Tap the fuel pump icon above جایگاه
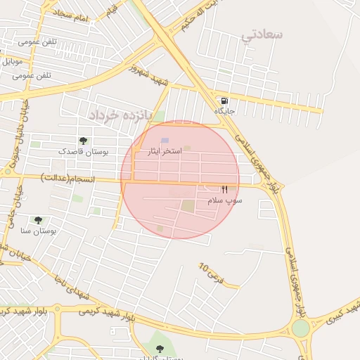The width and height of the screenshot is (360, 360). (x=224, y=101)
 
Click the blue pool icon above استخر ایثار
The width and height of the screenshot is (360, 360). (x=165, y=141)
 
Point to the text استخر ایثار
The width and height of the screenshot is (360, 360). (x=165, y=151)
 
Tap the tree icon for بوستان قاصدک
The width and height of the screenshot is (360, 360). (x=83, y=141)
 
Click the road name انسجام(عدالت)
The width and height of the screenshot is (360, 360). (x=67, y=176)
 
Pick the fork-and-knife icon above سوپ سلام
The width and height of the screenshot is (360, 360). (x=225, y=189)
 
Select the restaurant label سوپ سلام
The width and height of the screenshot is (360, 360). (x=225, y=200)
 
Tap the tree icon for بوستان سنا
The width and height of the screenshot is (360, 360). (x=38, y=220)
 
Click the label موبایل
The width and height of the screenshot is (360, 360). (x=13, y=61)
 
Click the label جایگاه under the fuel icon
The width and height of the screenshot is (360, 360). (x=224, y=111)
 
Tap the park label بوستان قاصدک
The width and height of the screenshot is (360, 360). (x=83, y=151)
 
